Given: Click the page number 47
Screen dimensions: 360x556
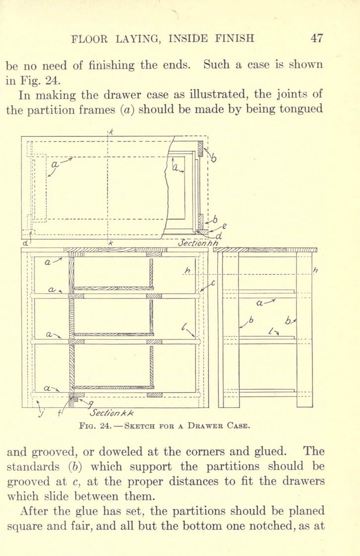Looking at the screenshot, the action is coord(317,38).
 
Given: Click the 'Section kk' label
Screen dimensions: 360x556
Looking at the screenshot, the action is coord(112,413).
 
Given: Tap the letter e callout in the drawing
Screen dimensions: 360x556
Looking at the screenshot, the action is coord(225,226).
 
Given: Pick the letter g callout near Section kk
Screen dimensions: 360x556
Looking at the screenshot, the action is coord(91,403).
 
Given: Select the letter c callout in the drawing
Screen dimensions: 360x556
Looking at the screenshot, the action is coord(213,284).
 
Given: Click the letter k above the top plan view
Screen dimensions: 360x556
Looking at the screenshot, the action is coord(111,132).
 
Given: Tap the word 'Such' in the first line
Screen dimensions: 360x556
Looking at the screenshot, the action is coord(217,64).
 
